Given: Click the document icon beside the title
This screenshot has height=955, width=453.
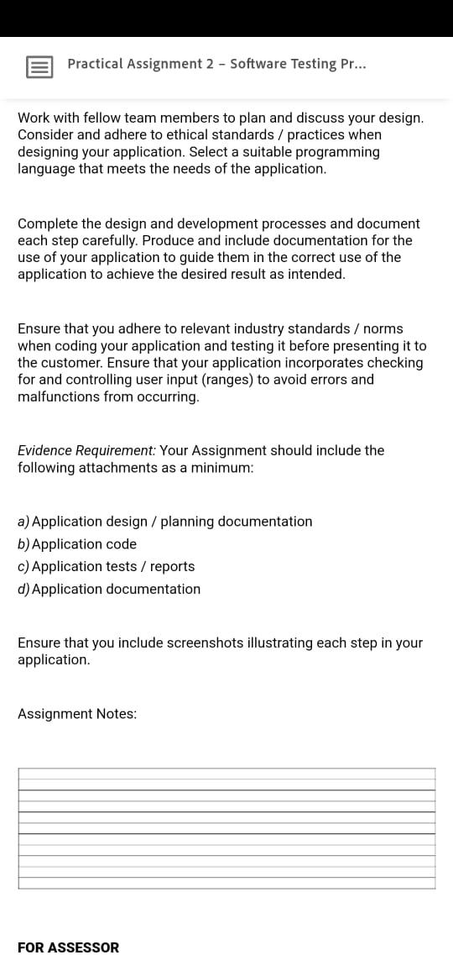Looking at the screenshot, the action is pyautogui.click(x=39, y=66).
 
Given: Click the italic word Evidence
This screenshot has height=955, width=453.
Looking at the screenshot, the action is pyautogui.click(x=45, y=450).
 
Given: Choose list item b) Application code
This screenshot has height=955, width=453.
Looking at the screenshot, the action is pyautogui.click(x=77, y=544).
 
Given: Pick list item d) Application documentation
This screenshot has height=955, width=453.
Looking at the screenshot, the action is pyautogui.click(x=109, y=589).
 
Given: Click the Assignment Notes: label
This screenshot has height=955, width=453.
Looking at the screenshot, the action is pyautogui.click(x=77, y=714).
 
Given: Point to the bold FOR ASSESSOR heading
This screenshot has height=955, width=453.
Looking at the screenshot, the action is pyautogui.click(x=69, y=947).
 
